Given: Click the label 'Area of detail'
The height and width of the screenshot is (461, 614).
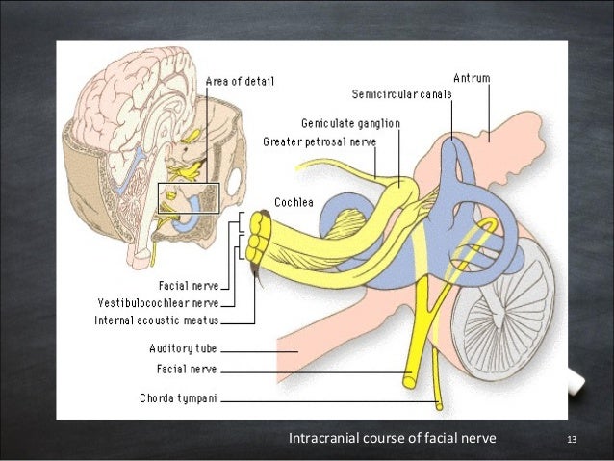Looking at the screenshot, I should pyautogui.click(x=240, y=82).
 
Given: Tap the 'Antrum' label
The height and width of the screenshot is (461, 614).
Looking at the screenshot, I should pyautogui.click(x=472, y=77).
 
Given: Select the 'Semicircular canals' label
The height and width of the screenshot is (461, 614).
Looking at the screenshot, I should pyautogui.click(x=401, y=94).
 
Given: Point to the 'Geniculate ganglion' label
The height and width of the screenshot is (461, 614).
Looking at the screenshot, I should pyautogui.click(x=350, y=123).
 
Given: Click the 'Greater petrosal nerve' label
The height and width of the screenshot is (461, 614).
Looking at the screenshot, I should pyautogui.click(x=320, y=142).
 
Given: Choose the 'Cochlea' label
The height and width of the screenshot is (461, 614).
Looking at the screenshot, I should pyautogui.click(x=293, y=202).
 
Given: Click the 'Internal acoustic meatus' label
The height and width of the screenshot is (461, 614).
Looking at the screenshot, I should pyautogui.click(x=156, y=320).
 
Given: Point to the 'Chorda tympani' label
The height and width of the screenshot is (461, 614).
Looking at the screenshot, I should pyautogui.click(x=178, y=397).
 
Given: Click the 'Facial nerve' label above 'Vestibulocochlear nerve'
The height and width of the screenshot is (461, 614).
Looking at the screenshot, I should pyautogui.click(x=188, y=285).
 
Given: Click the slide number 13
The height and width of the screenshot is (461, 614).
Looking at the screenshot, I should pyautogui.click(x=572, y=441).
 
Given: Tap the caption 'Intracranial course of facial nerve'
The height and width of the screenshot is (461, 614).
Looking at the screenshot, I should pyautogui.click(x=393, y=440).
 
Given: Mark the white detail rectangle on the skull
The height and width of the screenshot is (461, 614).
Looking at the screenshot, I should pyautogui.click(x=189, y=198).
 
